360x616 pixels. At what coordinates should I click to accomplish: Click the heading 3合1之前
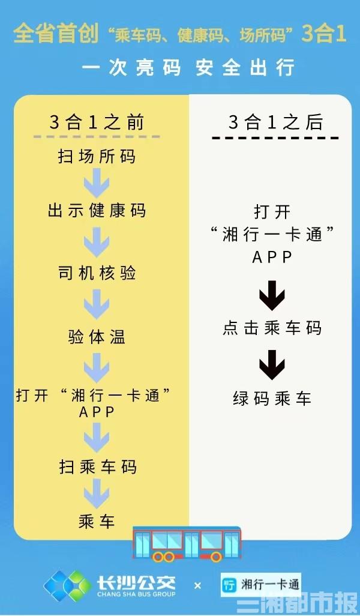tap(97, 122)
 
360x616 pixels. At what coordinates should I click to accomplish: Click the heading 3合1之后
tap(275, 122)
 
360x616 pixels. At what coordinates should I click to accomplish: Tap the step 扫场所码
tap(97, 156)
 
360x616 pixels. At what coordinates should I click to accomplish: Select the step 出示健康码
tap(97, 210)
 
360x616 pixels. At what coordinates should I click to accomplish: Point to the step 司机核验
tap(97, 273)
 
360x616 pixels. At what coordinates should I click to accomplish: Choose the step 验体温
tap(97, 337)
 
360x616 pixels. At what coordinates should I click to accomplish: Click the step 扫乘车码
tap(97, 467)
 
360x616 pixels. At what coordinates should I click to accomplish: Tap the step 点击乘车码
tap(272, 328)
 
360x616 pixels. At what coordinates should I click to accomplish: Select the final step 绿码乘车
tap(272, 398)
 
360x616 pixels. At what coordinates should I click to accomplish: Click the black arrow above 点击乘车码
tap(272, 295)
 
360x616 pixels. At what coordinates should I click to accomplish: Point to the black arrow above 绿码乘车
tap(272, 365)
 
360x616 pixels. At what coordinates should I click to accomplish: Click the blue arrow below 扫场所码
tap(97, 183)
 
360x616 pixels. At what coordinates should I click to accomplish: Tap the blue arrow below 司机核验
tap(97, 304)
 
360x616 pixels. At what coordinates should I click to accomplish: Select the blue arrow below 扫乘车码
tap(97, 494)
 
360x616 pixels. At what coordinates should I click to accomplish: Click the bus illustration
tap(187, 544)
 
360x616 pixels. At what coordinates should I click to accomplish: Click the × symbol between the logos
tap(197, 586)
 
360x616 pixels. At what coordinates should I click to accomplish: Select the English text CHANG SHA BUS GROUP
tap(136, 594)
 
